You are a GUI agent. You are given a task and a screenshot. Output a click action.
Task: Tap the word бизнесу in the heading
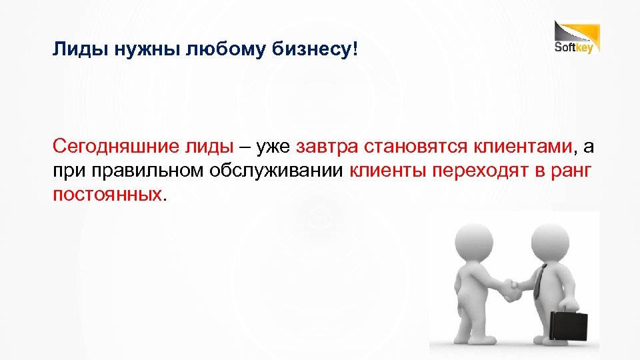coord(315,50)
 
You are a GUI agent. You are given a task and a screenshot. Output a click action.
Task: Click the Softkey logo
coord(577,38)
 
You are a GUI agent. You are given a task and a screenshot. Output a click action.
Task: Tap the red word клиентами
coord(522,146)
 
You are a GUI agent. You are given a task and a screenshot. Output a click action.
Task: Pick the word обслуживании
coord(277,171)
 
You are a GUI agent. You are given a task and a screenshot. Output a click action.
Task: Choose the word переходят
coord(472,171)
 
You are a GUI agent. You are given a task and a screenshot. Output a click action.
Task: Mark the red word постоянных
coord(107,195)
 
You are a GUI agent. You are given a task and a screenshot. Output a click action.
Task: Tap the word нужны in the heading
coord(143,50)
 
